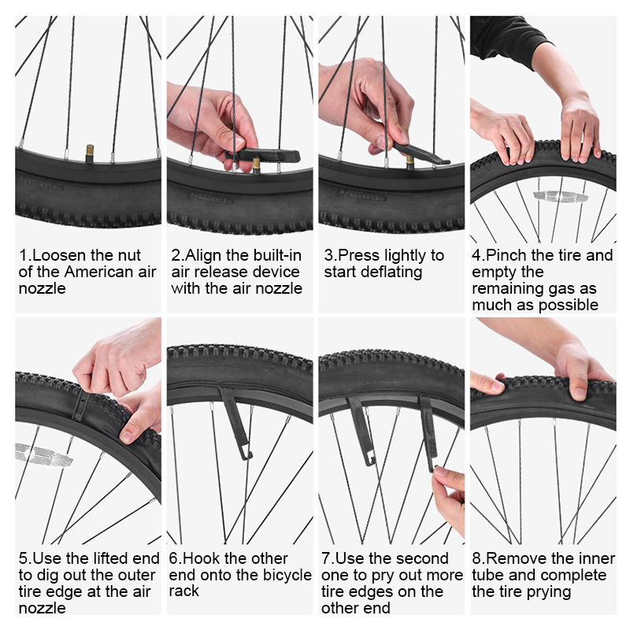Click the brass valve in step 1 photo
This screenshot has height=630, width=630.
click(x=90, y=153)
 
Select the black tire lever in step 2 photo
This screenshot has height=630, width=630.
click(x=263, y=155)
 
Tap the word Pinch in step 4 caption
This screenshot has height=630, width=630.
click(x=506, y=255)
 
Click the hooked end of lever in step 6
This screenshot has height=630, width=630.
click(x=246, y=455)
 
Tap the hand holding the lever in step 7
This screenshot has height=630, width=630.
click(x=449, y=498)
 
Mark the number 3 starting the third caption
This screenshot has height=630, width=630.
click(x=328, y=255)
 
